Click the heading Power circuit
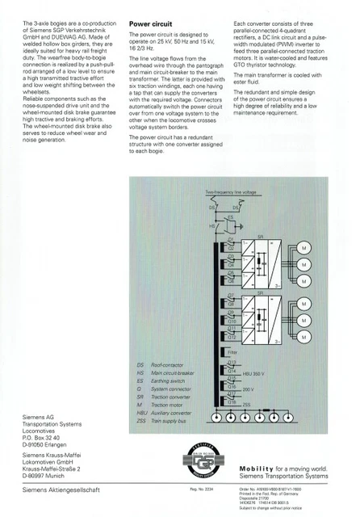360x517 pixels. [151, 25]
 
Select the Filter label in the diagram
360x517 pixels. [233, 353]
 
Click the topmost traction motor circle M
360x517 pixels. [303, 246]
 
